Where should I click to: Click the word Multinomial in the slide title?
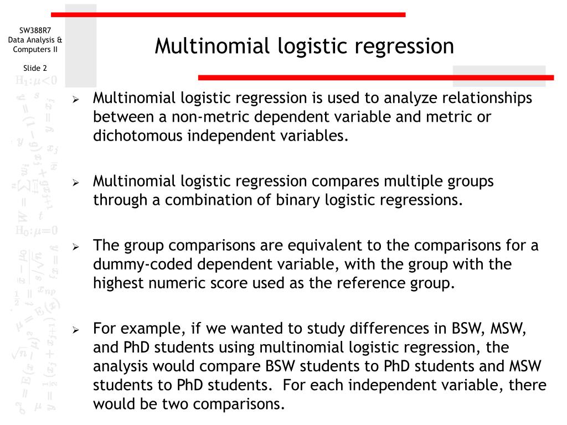coord(205,46)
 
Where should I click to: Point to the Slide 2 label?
coord(35,68)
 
